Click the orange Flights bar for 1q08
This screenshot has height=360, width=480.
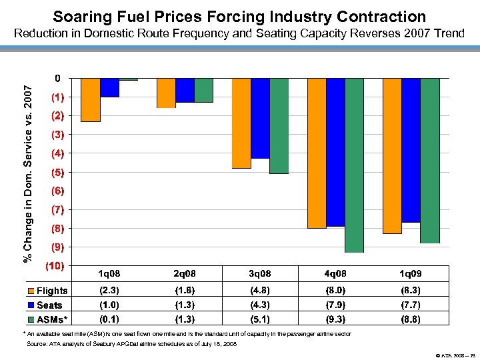coord(91,100)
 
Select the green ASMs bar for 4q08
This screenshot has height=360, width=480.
coord(354,165)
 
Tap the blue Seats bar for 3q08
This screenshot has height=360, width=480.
coord(260,118)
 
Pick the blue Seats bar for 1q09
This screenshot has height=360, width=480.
coord(411,150)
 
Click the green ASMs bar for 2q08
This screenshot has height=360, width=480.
coord(203,90)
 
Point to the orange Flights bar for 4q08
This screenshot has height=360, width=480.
coord(317,153)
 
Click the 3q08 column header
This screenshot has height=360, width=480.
coord(260,274)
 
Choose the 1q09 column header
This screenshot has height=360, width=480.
coord(411,274)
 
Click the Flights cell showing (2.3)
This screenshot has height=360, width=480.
coord(109,291)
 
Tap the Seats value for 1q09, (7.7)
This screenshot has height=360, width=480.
coord(411,305)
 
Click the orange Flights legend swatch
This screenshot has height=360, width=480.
coord(31,291)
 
